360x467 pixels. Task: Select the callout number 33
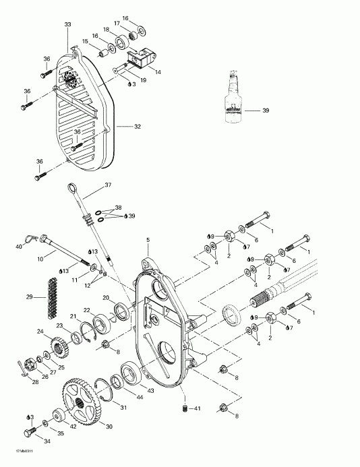67,25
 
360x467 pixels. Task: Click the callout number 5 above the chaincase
147,240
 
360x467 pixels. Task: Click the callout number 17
116,24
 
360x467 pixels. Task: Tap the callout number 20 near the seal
106,297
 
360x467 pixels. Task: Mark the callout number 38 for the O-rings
118,208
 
